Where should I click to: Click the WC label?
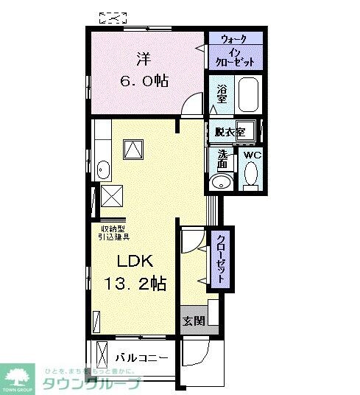[x=251, y=155]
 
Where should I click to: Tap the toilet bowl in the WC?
[x=250, y=175]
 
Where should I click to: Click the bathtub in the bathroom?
[x=248, y=94]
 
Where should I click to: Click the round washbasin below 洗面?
[x=219, y=182]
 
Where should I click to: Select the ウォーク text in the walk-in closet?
[x=234, y=39]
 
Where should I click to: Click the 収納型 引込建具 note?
[x=115, y=232]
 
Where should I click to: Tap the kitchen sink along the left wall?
[x=103, y=171]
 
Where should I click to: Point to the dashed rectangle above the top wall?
[x=113, y=16]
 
